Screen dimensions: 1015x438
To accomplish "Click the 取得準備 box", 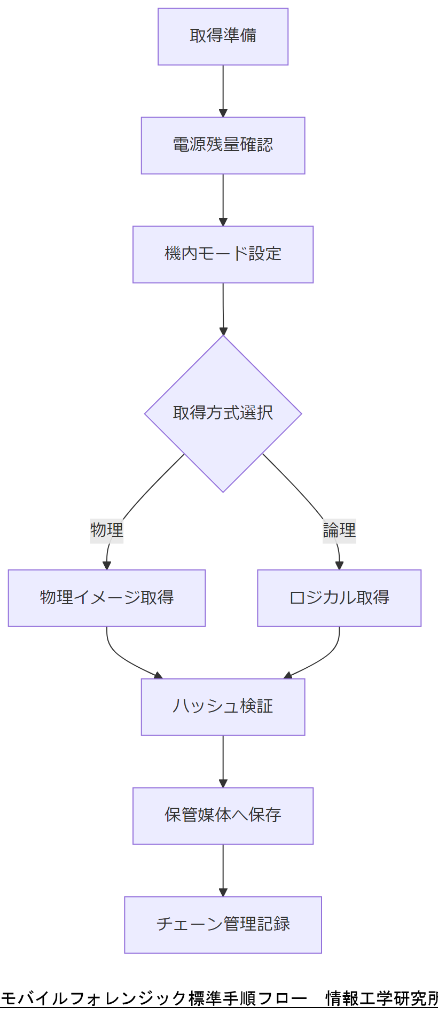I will pyautogui.click(x=223, y=36).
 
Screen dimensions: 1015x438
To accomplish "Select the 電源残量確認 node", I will pyautogui.click(x=223, y=145).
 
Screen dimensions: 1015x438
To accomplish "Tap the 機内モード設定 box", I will pyautogui.click(x=223, y=254).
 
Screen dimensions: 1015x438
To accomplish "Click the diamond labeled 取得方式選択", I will pyautogui.click(x=223, y=413).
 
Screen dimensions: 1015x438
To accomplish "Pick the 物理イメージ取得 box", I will pyautogui.click(x=107, y=598).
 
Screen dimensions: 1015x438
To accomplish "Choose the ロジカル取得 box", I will pyautogui.click(x=339, y=598).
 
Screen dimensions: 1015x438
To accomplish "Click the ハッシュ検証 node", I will pyautogui.click(x=223, y=707).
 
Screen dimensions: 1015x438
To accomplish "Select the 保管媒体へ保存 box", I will pyautogui.click(x=223, y=816).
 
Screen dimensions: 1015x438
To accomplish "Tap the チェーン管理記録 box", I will pyautogui.click(x=223, y=925).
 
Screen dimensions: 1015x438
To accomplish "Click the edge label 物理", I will pyautogui.click(x=107, y=530).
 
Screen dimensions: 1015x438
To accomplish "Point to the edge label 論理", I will pyautogui.click(x=339, y=530).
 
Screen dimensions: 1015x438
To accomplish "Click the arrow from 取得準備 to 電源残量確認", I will pyautogui.click(x=223, y=91).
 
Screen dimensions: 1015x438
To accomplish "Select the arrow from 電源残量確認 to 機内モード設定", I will pyautogui.click(x=223, y=200).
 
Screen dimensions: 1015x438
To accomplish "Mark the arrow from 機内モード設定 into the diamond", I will pyautogui.click(x=223, y=309).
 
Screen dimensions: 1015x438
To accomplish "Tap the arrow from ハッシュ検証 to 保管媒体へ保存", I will pyautogui.click(x=223, y=761).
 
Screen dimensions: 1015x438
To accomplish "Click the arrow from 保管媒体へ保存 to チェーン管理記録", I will pyautogui.click(x=223, y=870).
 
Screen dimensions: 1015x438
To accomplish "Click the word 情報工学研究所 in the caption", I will pyautogui.click(x=381, y=998).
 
